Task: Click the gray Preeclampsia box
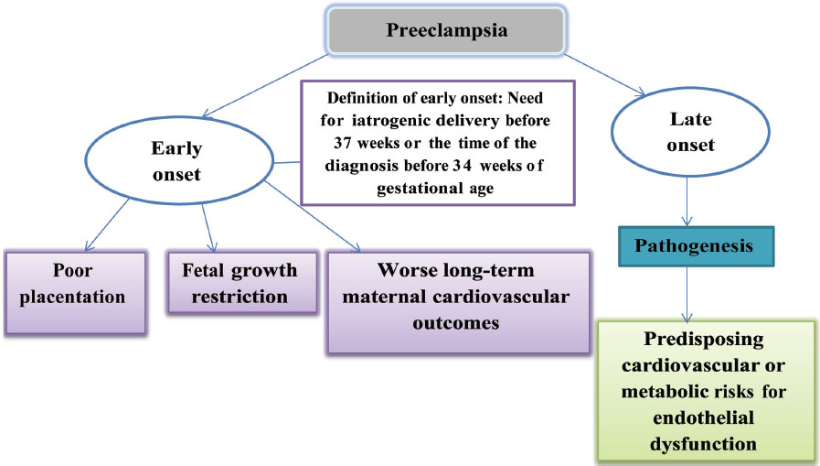(x=446, y=30)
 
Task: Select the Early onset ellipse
(x=179, y=160)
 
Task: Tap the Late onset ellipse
(x=690, y=132)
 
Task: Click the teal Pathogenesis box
(x=696, y=246)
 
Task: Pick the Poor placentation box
(x=75, y=292)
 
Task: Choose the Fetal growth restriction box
(x=242, y=283)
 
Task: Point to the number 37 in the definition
(x=343, y=143)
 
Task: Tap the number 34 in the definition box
(x=463, y=166)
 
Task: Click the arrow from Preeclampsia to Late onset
(x=605, y=74)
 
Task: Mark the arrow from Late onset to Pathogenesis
(x=687, y=201)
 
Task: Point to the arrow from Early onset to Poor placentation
(x=107, y=225)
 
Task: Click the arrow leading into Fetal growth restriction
(x=208, y=228)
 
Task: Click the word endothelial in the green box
(x=703, y=417)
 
